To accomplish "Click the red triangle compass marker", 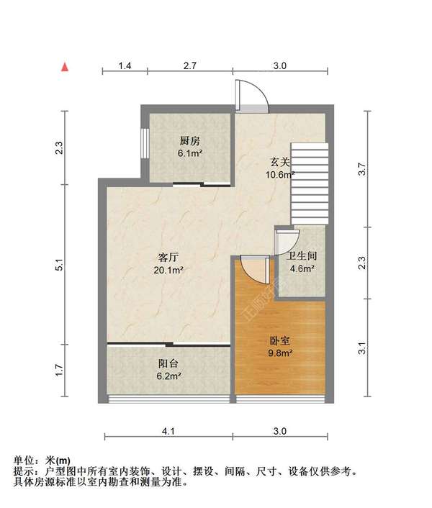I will coord(65,67).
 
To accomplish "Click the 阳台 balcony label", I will coord(169,363).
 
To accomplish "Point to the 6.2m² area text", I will coord(169,376).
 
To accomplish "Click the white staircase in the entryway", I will coord(309,183).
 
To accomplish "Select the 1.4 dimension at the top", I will coord(125,65).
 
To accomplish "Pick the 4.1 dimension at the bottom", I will coord(168,431).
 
